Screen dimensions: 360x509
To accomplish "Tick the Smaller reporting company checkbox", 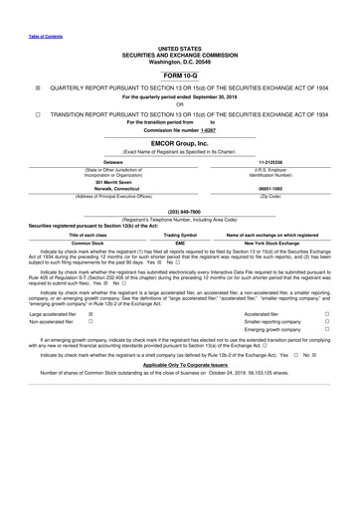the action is coord(327,351).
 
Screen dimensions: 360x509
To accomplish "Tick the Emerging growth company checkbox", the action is coord(327,361).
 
